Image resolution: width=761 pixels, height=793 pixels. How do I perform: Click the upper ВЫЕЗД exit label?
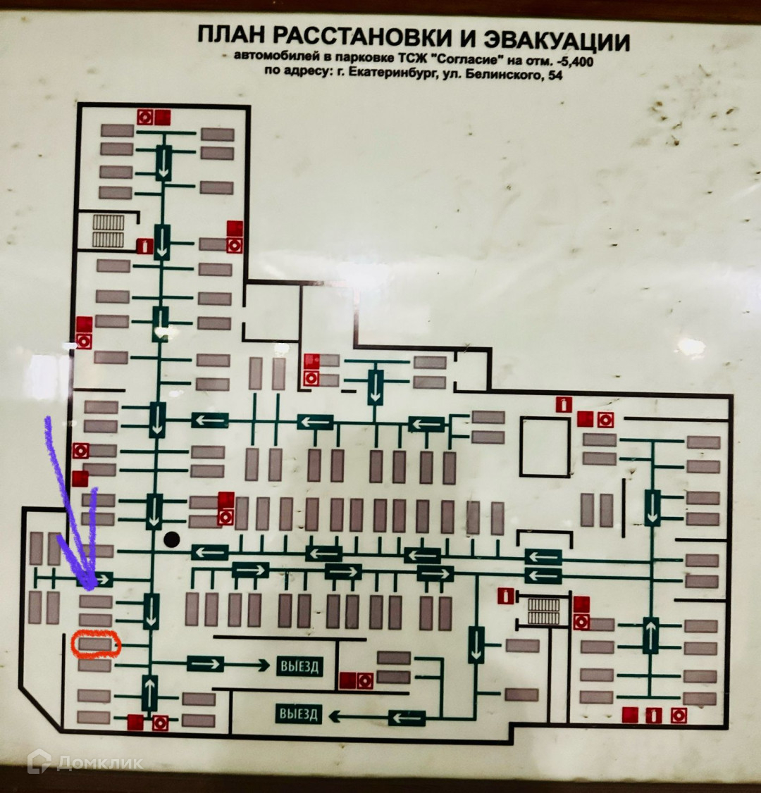coord(299,666)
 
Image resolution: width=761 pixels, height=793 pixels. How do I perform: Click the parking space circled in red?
coord(95,644)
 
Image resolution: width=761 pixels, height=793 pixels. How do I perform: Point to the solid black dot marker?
coord(171,540)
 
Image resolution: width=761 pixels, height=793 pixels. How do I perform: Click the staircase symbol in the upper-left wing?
coord(108,230)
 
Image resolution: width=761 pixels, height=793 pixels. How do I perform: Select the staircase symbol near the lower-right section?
coord(542,611)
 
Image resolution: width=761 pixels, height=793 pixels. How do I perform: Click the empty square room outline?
coord(544,446)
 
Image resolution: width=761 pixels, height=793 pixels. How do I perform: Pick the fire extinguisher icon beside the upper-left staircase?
coord(145,246)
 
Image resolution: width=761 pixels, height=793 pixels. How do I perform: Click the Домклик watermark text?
coord(99,762)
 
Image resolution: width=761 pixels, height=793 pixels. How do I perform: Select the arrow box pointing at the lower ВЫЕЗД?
coord(407,718)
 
